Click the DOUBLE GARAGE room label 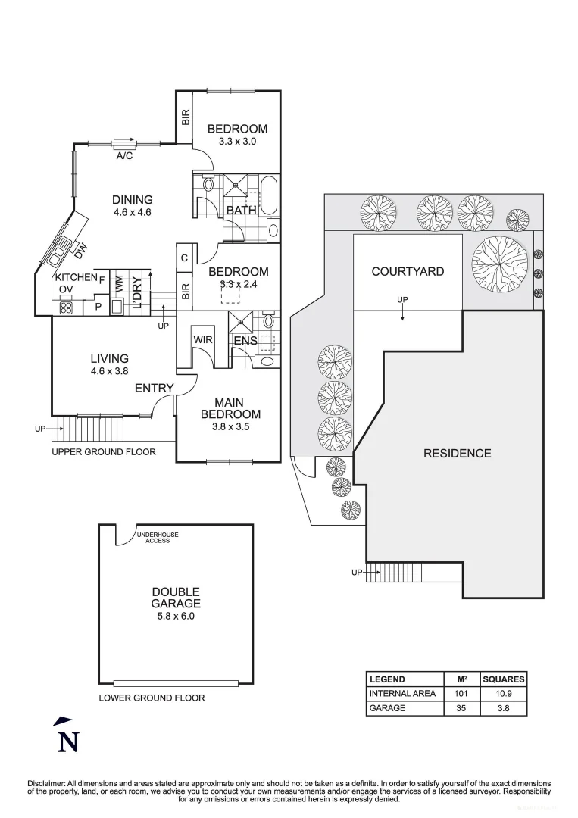pos(175,598)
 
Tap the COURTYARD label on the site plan pos(408,271)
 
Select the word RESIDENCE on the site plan pos(457,453)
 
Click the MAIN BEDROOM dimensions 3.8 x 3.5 pos(230,426)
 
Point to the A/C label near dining pos(125,156)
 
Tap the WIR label pos(202,340)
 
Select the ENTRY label pos(154,389)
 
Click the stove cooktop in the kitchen pos(65,308)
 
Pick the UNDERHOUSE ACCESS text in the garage pos(158,538)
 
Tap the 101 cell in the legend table pos(461,694)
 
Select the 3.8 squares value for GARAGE pos(503,708)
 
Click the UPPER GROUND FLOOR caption pos(104,452)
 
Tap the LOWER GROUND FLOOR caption pos(152,698)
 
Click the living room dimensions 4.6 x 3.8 pos(109,371)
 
